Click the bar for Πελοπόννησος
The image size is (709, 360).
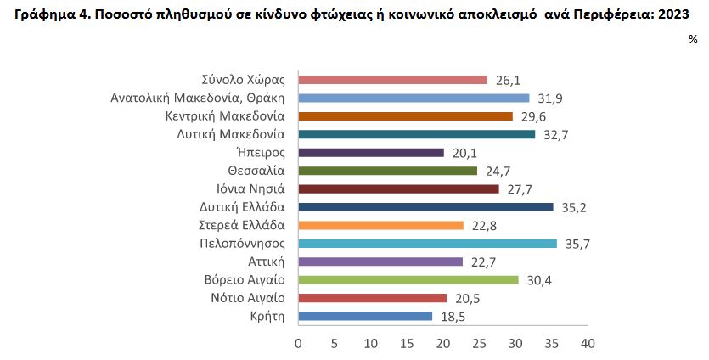(x=427, y=244)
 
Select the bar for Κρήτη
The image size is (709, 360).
(x=365, y=317)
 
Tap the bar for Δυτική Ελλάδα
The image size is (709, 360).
(x=425, y=207)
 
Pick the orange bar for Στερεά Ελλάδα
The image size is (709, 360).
(x=380, y=226)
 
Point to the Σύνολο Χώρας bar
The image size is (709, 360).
(x=392, y=80)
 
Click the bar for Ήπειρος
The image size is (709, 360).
(x=371, y=153)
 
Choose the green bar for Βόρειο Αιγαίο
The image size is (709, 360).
(x=408, y=280)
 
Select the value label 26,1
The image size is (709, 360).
(x=507, y=81)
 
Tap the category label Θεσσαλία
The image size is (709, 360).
(x=255, y=171)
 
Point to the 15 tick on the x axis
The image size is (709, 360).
(x=407, y=344)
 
